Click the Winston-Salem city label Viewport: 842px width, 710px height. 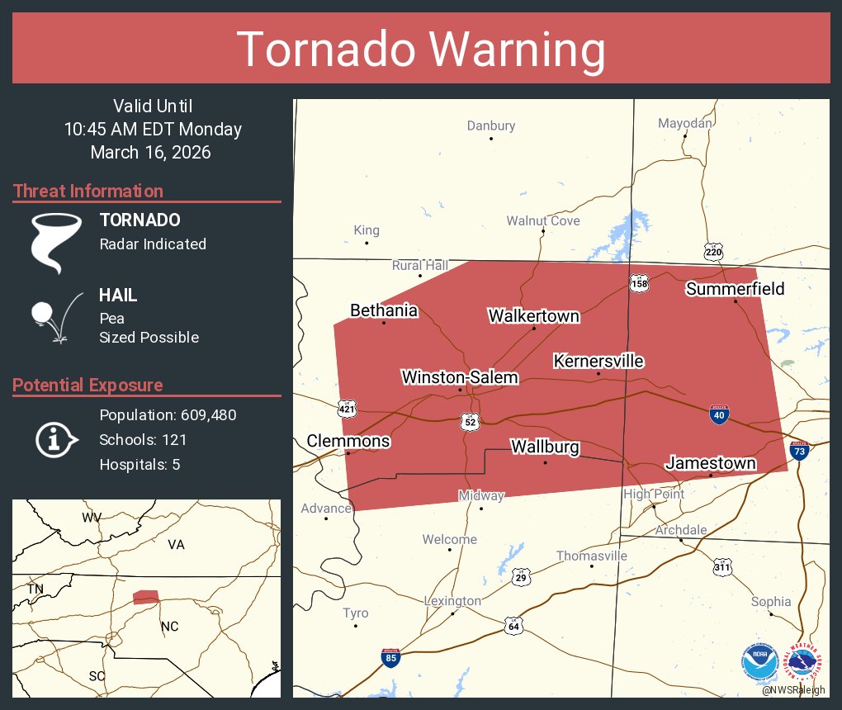pos(460,377)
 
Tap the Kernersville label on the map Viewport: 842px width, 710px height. pos(598,361)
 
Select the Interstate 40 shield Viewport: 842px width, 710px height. pos(719,414)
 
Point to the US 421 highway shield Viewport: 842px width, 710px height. pos(347,408)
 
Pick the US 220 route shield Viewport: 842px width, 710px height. pos(714,250)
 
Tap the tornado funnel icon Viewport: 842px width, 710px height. pos(55,243)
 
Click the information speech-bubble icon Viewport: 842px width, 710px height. pos(55,440)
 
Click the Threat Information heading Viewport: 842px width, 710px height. pos(88,191)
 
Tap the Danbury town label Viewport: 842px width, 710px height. pos(490,125)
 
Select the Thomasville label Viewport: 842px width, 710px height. pos(591,556)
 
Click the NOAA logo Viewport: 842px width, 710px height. pos(759,660)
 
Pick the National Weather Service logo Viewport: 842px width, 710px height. pos(806,660)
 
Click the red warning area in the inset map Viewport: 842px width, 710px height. pos(146,597)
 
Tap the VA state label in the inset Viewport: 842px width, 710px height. pos(176,545)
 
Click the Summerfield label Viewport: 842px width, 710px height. pos(735,288)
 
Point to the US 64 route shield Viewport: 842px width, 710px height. pos(514,626)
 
